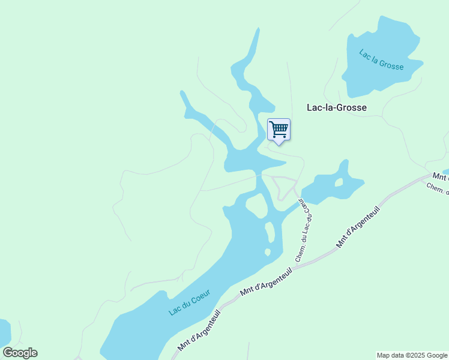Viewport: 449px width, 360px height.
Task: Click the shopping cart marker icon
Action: click(x=279, y=130)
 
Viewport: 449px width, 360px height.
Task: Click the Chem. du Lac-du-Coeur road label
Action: click(x=301, y=231)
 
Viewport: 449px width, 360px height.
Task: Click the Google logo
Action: click(x=20, y=353)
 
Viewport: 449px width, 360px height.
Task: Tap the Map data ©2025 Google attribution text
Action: click(x=412, y=355)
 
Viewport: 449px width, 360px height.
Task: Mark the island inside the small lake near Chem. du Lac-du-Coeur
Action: click(x=339, y=182)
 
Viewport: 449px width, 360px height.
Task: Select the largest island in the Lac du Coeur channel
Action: click(x=257, y=206)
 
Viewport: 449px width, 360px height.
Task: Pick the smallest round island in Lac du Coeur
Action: click(x=268, y=252)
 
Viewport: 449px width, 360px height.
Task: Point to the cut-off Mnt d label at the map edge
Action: click(x=441, y=176)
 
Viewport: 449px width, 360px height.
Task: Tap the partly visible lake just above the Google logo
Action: click(x=4, y=331)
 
